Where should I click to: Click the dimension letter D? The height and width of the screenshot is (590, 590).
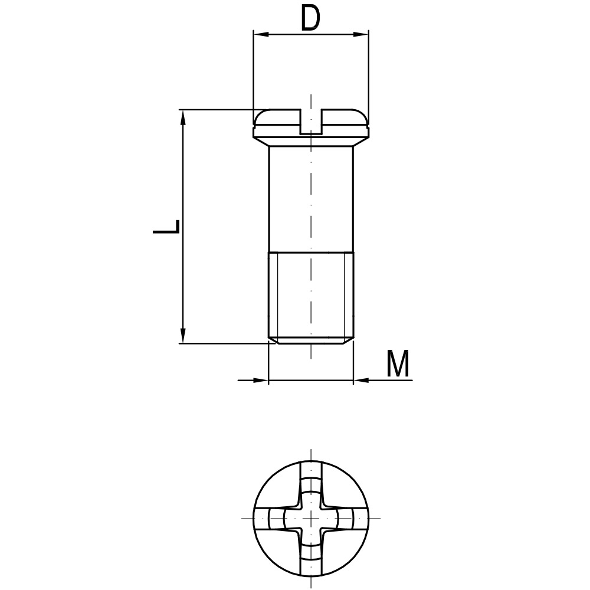(310, 19)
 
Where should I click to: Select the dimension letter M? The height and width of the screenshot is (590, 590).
(398, 364)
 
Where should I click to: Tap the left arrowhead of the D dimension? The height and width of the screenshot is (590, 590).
(260, 34)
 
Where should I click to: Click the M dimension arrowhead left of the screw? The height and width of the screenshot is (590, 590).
(261, 381)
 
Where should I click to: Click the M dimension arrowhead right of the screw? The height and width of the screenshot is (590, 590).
(360, 381)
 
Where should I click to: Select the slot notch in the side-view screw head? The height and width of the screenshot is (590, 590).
(311, 122)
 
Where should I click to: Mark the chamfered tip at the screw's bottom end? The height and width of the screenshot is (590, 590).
(311, 340)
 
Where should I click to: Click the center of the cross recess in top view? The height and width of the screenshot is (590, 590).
(311, 519)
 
